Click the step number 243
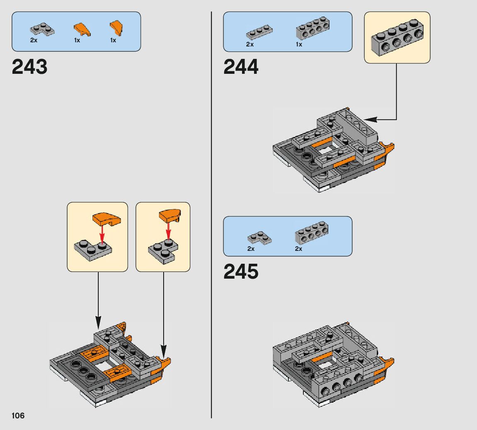[x=30, y=67]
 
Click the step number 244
[x=241, y=67]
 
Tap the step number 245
[x=241, y=272]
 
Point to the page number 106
[x=18, y=415]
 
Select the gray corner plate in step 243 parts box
[x=42, y=30]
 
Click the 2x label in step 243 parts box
[x=34, y=41]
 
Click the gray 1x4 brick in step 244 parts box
[x=312, y=29]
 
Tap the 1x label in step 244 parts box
[x=299, y=44]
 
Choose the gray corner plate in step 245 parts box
[x=259, y=238]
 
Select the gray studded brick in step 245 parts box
[x=312, y=232]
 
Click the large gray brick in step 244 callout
[x=397, y=38]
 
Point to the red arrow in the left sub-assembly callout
[x=102, y=234]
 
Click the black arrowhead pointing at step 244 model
[x=370, y=119]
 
